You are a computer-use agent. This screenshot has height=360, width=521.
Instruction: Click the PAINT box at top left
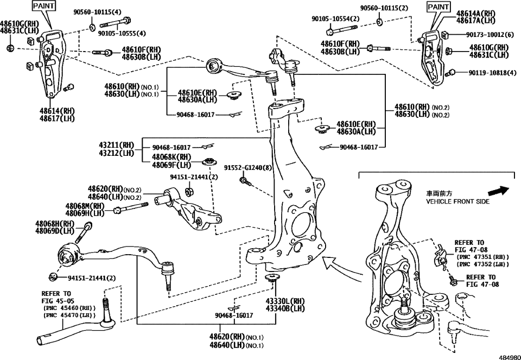[44, 7]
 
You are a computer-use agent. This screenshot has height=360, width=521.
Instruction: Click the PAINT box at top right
[438, 7]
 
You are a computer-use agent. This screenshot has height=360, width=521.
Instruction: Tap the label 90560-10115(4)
[98, 11]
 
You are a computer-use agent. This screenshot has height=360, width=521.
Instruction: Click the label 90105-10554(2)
[335, 18]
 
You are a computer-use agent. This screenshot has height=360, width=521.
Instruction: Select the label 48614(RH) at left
[56, 111]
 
